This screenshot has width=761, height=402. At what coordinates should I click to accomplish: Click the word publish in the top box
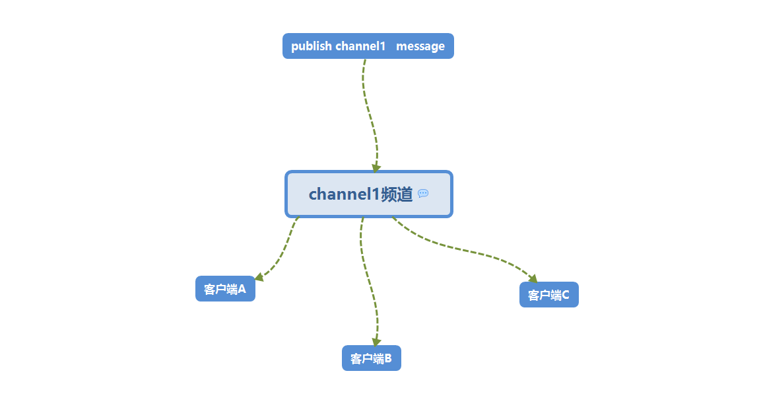pos(311,46)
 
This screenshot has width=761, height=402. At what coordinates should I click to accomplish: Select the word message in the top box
pos(420,46)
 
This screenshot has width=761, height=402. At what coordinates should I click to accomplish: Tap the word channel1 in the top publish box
pos(360,46)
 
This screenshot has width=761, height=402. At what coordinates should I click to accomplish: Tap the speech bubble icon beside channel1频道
pos(424,194)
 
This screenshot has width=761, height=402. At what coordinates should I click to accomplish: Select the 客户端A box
pos(225,289)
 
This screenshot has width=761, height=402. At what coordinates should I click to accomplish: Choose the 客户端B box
pos(372,358)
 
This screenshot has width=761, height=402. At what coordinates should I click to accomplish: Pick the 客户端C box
pos(549,295)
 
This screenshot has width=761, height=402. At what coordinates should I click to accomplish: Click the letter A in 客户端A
pos(242,289)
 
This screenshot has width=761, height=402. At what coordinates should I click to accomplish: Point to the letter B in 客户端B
pos(388,358)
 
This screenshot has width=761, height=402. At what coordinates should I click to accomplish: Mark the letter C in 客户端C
pos(566,295)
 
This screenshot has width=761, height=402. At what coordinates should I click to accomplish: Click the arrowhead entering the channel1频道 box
pos(376,168)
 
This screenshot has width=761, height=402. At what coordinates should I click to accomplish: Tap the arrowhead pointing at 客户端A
pos(259,277)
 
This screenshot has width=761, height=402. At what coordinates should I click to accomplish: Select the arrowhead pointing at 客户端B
pos(376,342)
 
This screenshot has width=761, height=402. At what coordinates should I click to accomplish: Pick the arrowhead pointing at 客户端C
pos(533,279)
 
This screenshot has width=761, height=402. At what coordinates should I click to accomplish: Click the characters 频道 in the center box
pos(397,194)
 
